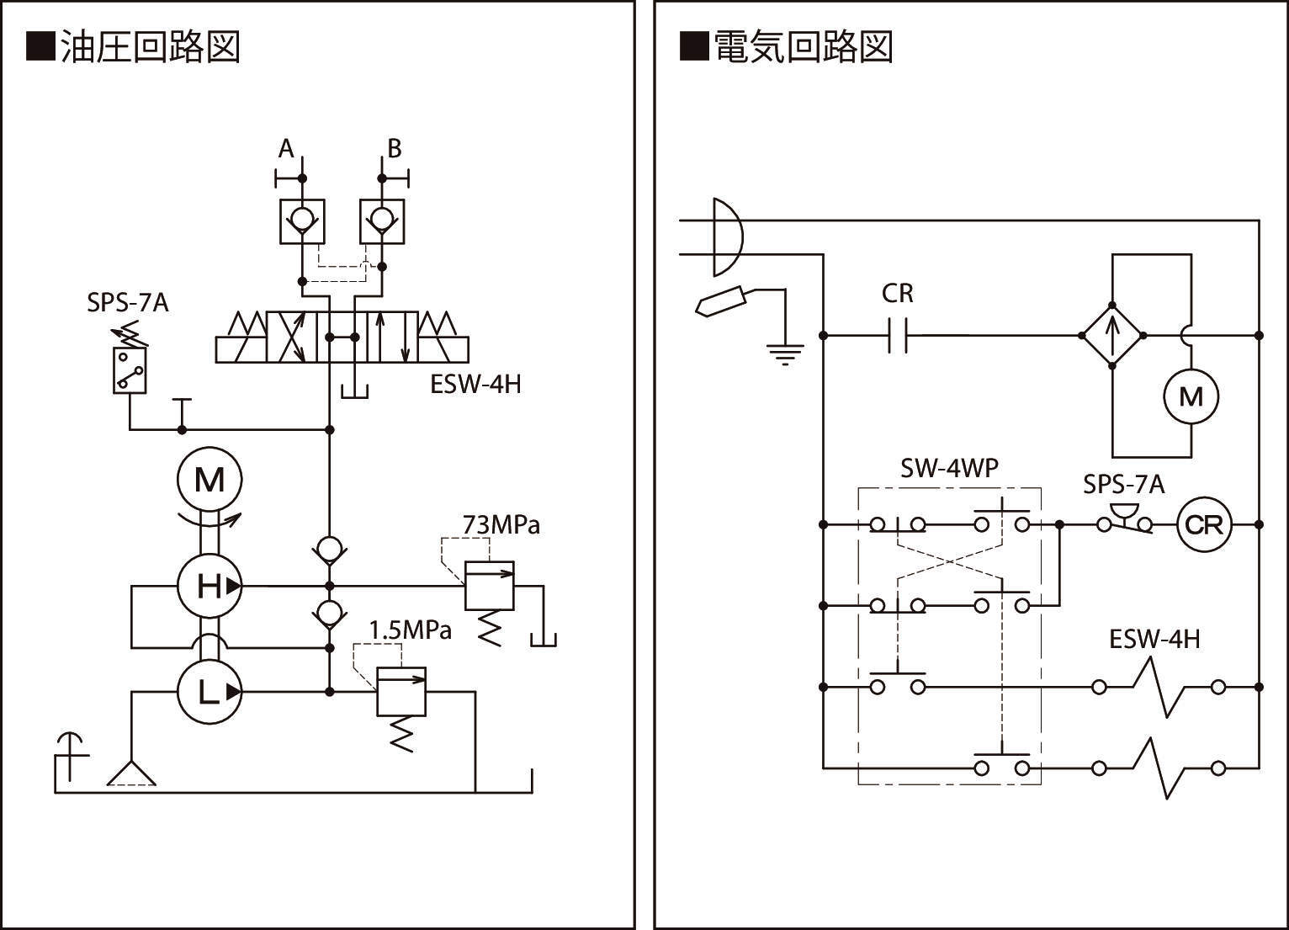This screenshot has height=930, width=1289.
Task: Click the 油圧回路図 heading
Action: (x=135, y=47)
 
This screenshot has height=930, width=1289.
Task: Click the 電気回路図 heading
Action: (x=787, y=47)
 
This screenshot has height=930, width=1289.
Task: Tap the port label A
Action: (x=286, y=149)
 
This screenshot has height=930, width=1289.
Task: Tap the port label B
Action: (x=394, y=149)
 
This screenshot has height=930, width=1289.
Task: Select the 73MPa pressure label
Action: (x=501, y=525)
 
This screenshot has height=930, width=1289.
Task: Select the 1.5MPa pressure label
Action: (x=411, y=630)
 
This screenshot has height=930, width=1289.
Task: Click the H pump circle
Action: (x=210, y=586)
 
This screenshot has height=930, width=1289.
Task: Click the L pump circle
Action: (x=210, y=692)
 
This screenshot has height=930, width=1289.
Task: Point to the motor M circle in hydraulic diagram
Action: (x=210, y=480)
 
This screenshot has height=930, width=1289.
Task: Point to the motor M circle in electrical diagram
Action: (x=1191, y=396)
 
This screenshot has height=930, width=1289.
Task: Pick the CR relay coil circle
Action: (x=1203, y=525)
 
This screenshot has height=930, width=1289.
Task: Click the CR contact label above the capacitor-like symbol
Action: (x=898, y=293)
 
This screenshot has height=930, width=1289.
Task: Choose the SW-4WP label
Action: (x=949, y=468)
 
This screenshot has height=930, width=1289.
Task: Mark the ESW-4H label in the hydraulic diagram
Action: (x=475, y=385)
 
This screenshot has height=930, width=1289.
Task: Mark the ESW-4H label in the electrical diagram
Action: (x=1154, y=640)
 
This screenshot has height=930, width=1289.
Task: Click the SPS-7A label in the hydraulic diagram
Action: (x=128, y=303)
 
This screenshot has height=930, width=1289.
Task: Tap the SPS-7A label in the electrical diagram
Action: (x=1123, y=485)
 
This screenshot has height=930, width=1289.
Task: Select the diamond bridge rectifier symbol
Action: (x=1111, y=335)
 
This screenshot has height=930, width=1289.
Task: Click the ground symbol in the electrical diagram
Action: (x=784, y=355)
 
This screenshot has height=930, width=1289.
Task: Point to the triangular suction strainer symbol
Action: (x=131, y=773)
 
